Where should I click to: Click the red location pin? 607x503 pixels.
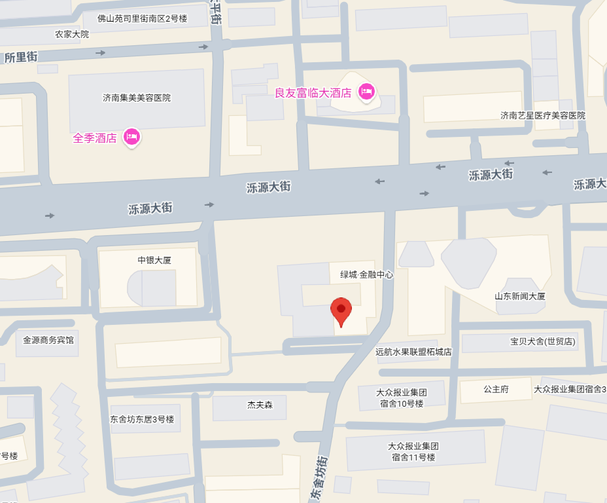click(x=341, y=311)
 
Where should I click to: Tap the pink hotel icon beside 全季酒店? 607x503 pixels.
click(x=132, y=137)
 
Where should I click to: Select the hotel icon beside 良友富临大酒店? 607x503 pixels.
click(x=366, y=92)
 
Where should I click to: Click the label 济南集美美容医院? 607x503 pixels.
click(x=137, y=98)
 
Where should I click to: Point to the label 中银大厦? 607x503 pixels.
click(x=154, y=260)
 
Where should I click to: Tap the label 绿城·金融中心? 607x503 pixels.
click(x=366, y=275)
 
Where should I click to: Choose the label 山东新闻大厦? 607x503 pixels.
click(x=520, y=296)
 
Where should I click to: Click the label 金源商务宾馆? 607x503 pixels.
click(x=48, y=341)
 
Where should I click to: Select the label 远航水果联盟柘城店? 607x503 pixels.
click(x=413, y=352)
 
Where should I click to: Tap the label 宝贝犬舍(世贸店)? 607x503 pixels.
click(x=543, y=342)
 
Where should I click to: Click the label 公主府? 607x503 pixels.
click(x=496, y=389)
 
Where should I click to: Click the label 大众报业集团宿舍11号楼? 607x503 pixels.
click(x=413, y=452)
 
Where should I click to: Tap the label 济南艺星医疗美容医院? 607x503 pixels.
click(x=543, y=115)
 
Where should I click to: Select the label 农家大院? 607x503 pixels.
click(x=72, y=34)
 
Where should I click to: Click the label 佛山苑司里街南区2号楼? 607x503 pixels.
click(x=143, y=18)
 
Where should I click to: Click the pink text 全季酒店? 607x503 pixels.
click(x=95, y=138)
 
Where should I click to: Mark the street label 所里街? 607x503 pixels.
click(x=20, y=58)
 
